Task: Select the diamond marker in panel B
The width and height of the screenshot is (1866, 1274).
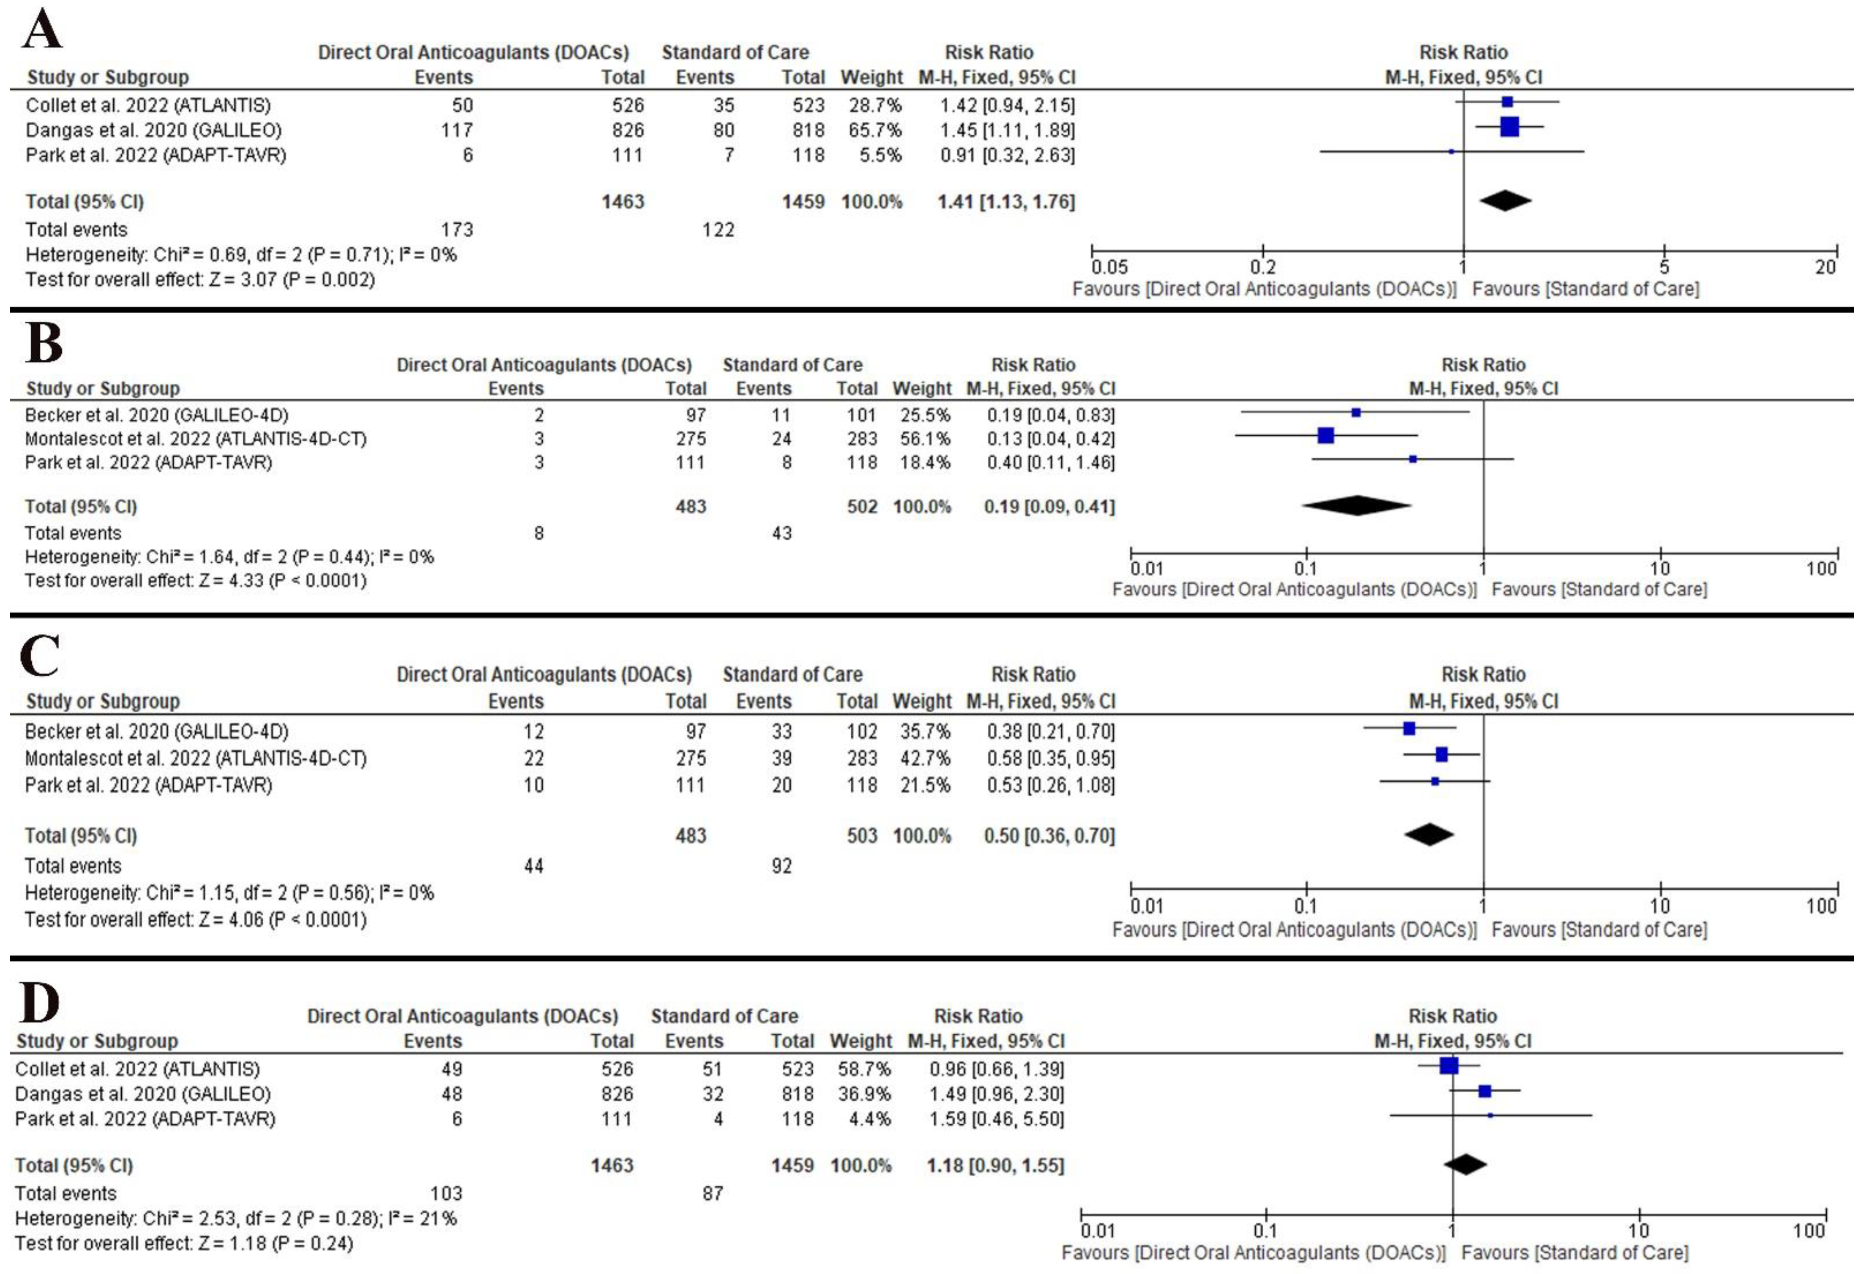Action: (1356, 506)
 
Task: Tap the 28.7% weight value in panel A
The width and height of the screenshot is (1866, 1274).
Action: (875, 105)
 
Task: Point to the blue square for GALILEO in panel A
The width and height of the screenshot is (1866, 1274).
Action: (1510, 127)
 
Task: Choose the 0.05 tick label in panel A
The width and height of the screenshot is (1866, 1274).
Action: (1109, 267)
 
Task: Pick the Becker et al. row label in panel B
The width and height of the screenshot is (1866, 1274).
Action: (156, 415)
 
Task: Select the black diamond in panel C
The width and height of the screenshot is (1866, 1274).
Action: (1429, 835)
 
